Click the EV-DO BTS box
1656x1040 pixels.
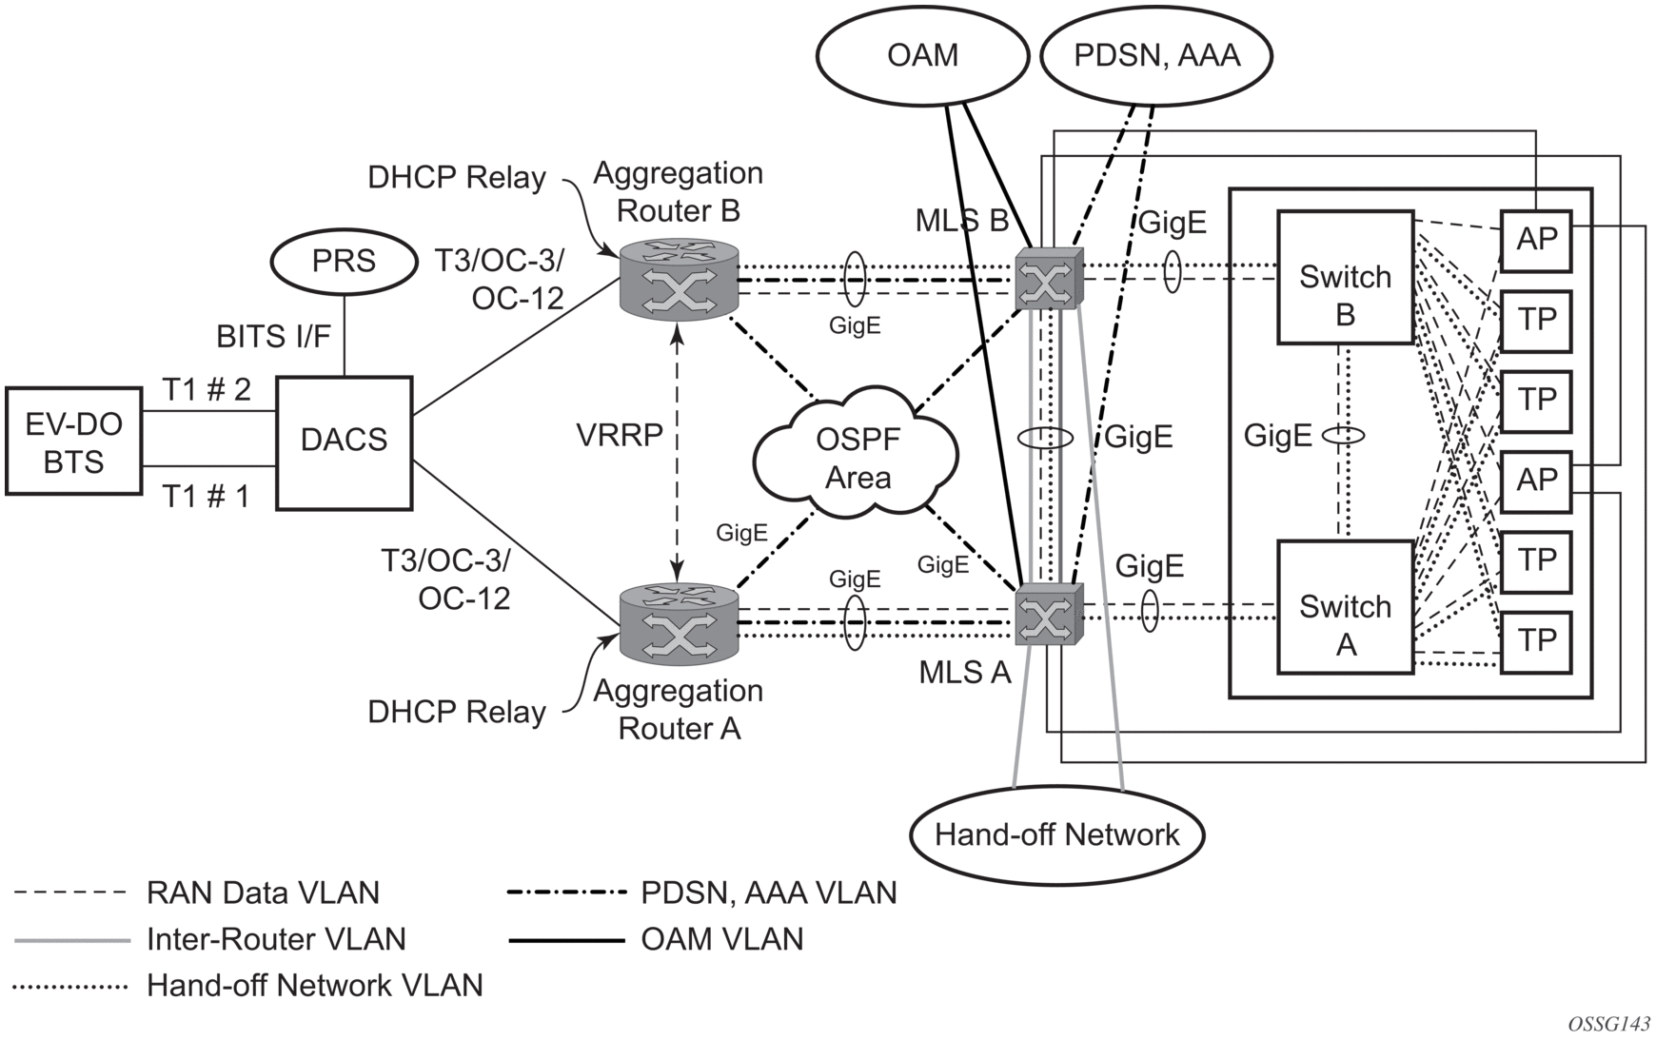pos(73,442)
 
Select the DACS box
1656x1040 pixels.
pos(344,442)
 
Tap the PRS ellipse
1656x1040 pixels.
pos(344,261)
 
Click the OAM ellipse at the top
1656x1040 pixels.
pos(921,55)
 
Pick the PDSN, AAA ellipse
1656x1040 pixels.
pos(1156,55)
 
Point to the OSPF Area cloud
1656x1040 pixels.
pos(857,457)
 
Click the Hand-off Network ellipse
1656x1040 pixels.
pos(1056,834)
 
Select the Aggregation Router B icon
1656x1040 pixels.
pos(678,280)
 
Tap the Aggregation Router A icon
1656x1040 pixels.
pos(678,623)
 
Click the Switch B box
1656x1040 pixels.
pos(1345,277)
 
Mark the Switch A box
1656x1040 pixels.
pos(1345,607)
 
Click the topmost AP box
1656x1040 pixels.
pos(1536,239)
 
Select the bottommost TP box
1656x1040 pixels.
pos(1536,641)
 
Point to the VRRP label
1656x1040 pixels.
pos(620,435)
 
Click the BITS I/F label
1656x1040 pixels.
pos(273,336)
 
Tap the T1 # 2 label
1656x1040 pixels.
pos(207,389)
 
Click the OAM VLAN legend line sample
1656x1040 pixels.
pos(565,940)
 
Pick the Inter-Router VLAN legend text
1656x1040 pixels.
pos(276,939)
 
